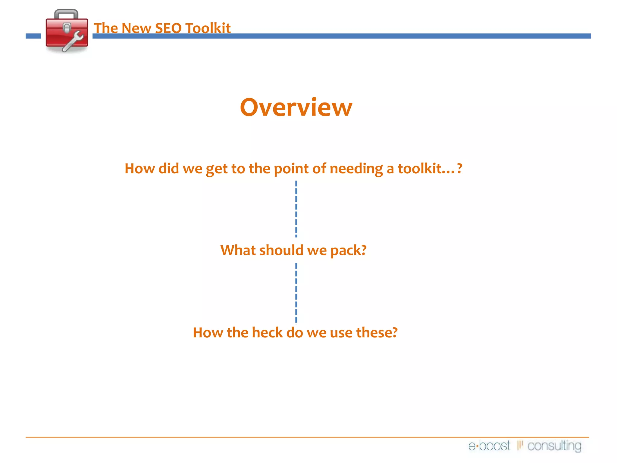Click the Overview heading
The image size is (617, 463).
tap(296, 108)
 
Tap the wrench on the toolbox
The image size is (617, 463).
tap(73, 41)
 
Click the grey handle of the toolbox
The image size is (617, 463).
tap(66, 14)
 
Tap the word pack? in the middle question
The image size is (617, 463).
tap(348, 250)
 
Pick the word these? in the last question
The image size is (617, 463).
tap(377, 333)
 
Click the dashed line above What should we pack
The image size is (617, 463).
tap(296, 209)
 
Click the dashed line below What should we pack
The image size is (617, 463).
tap(296, 293)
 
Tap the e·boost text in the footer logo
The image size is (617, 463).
tap(489, 446)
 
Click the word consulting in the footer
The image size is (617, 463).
tap(554, 446)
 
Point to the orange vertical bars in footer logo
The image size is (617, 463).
tap(520, 445)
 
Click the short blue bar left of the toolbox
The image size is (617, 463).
tap(33, 36)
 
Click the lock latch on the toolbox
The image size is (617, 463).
tap(67, 28)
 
